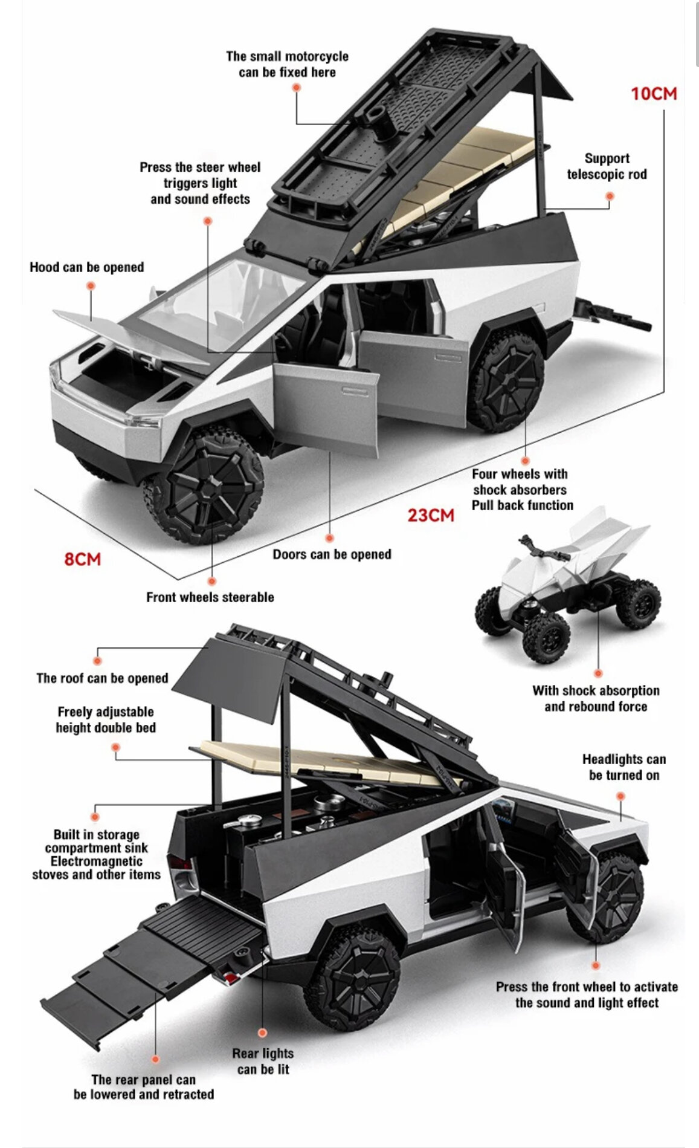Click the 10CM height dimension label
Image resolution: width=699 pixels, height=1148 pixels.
tap(654, 94)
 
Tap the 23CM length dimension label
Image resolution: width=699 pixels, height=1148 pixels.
tap(430, 516)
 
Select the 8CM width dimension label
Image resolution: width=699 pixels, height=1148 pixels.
tap(82, 559)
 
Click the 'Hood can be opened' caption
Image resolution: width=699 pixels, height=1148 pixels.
tap(87, 267)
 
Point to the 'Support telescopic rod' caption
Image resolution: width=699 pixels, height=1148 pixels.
tap(607, 166)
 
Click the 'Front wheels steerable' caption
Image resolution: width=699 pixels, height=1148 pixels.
tap(210, 597)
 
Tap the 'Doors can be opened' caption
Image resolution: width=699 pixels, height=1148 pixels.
tap(332, 554)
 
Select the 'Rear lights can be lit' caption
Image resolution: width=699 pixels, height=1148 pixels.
tap(263, 1061)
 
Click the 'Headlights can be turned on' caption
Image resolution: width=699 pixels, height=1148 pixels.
tap(623, 767)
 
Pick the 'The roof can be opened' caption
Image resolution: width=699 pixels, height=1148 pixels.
tap(102, 678)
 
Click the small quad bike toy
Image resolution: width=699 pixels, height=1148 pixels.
tap(568, 586)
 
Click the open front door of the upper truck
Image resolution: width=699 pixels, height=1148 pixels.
tap(326, 408)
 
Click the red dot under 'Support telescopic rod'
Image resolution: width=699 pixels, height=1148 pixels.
tap(610, 196)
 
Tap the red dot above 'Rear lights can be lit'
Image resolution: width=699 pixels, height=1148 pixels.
tap(262, 1033)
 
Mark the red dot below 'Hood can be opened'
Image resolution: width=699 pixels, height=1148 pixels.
tap(91, 286)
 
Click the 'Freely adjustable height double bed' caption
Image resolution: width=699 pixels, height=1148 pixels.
tap(106, 719)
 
